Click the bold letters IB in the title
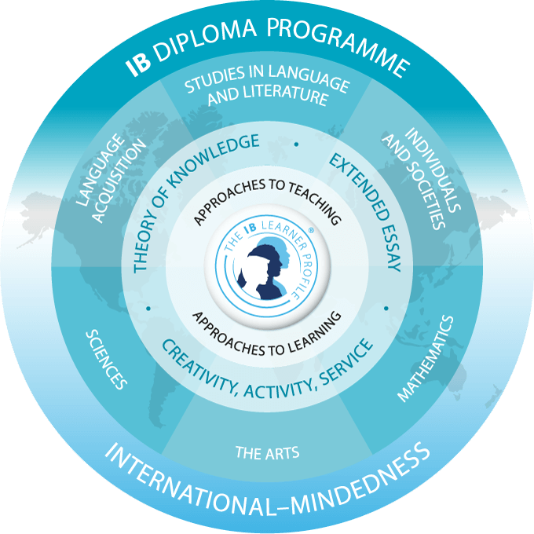pos(138,64)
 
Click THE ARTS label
pos(267,453)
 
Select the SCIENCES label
pos(106,359)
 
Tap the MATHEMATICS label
pos(426,359)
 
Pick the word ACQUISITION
pos(119,181)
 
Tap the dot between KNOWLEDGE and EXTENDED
pos(296,144)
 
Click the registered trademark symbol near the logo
pos(311,230)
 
